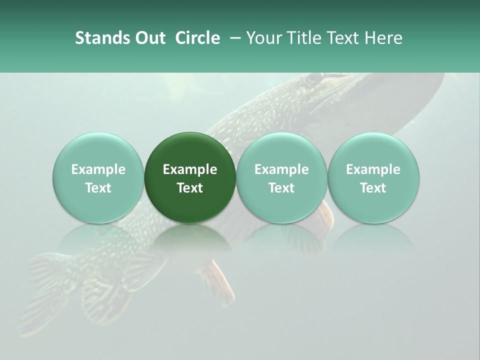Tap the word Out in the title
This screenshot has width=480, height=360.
click(x=149, y=38)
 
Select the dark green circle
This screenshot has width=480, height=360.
click(x=190, y=177)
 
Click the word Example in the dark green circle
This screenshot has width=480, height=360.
click(x=190, y=169)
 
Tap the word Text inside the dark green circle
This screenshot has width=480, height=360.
click(x=190, y=188)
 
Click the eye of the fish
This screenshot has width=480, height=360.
click(x=313, y=79)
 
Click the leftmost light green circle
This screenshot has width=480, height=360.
click(x=98, y=177)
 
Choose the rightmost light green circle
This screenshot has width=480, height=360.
click(x=373, y=177)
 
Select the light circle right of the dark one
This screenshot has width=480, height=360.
click(x=281, y=177)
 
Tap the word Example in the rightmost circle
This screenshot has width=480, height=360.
click(x=373, y=169)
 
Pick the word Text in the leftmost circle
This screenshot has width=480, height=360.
click(x=98, y=188)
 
